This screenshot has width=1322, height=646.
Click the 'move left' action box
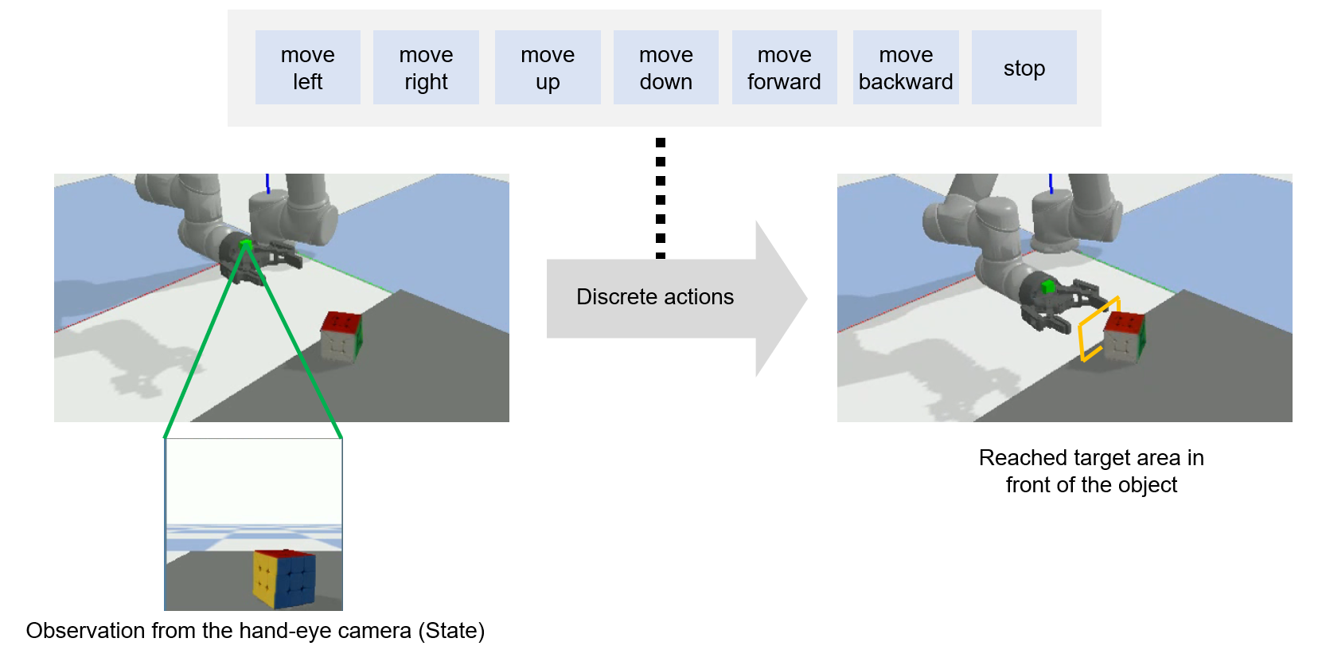pyautogui.click(x=307, y=68)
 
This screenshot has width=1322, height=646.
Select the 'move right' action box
pyautogui.click(x=426, y=68)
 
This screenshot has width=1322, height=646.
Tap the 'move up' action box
pyautogui.click(x=548, y=68)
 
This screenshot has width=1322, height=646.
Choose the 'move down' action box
pyautogui.click(x=665, y=68)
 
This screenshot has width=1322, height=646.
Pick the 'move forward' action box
pyautogui.click(x=784, y=68)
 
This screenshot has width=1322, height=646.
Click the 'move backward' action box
pyautogui.click(x=906, y=68)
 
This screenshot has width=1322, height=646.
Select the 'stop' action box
pyautogui.click(x=1024, y=68)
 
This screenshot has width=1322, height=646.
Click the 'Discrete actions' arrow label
pyautogui.click(x=655, y=297)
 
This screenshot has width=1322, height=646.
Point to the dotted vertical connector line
pyautogui.click(x=661, y=199)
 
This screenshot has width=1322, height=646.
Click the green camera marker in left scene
pyautogui.click(x=246, y=244)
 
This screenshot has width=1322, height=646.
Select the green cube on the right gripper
pyautogui.click(x=1048, y=287)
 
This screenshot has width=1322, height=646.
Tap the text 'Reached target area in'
pyautogui.click(x=1090, y=458)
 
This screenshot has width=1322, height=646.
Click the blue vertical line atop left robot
pyautogui.click(x=267, y=183)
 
